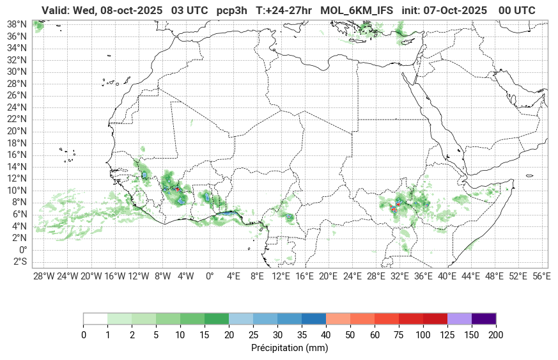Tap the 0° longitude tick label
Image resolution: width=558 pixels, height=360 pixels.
209,276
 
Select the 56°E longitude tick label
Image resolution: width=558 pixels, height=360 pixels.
541,276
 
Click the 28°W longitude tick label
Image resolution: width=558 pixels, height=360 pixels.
43,276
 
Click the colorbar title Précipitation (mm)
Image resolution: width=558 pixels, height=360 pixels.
289,348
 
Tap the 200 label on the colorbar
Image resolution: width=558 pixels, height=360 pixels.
496,335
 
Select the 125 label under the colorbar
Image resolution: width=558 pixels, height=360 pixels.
447,335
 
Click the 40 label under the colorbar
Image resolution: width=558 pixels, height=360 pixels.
326,335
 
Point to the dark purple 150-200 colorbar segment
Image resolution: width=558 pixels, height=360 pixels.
484,319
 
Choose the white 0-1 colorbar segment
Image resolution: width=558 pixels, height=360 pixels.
95,319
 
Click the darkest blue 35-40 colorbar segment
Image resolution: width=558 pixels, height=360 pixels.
314,319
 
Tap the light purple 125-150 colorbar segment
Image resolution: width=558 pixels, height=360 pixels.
460,319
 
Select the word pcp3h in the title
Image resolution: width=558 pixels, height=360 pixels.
233,10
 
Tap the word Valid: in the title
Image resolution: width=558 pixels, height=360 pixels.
56,10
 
